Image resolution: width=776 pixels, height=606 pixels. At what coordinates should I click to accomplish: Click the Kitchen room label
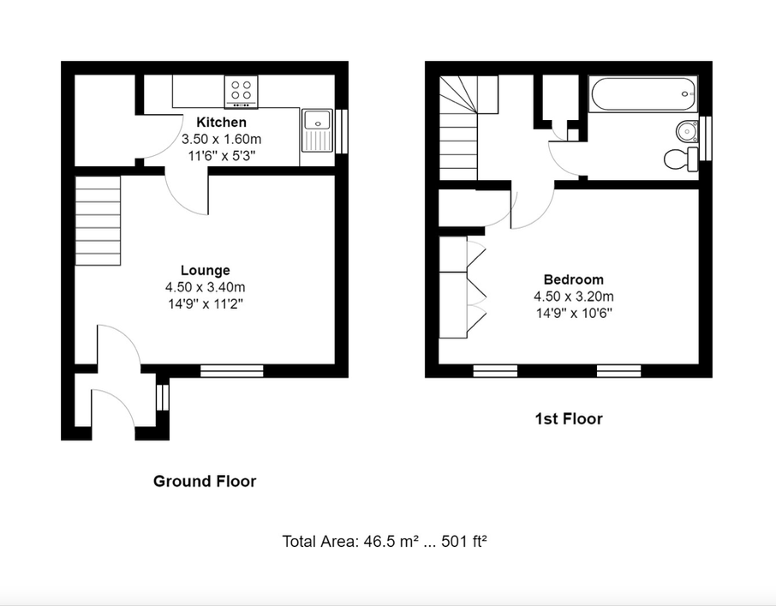[221, 123]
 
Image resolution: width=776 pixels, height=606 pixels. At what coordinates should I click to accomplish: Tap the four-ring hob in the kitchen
[241, 92]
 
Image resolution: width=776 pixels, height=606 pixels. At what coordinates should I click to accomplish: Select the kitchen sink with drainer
[317, 130]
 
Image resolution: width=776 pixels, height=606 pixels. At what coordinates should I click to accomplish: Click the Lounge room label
[206, 270]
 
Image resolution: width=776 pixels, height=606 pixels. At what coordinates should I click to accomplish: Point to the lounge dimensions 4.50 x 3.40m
[206, 287]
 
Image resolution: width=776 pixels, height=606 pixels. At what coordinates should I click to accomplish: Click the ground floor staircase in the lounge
[98, 221]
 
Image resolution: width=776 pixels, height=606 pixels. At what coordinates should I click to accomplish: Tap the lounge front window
[232, 371]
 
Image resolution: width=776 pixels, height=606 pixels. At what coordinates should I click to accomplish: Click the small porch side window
[163, 397]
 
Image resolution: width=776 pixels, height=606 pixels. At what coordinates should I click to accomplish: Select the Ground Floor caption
[205, 481]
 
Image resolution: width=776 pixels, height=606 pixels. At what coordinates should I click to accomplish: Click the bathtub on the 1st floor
[643, 94]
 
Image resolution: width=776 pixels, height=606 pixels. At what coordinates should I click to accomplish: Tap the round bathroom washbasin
[686, 131]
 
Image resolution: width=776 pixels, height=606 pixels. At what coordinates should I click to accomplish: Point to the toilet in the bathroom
[680, 159]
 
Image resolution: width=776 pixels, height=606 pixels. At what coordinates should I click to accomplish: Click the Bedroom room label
[574, 279]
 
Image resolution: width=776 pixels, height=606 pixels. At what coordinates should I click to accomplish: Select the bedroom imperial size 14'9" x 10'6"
[574, 314]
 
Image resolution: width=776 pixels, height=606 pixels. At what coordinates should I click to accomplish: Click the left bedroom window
[495, 371]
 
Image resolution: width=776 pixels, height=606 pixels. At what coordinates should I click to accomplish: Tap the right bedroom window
[618, 371]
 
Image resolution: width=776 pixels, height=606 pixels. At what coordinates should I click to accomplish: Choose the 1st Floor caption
[569, 419]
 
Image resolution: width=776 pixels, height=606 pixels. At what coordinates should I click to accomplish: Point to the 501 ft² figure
[464, 541]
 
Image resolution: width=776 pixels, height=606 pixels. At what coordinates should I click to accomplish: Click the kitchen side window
[342, 131]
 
